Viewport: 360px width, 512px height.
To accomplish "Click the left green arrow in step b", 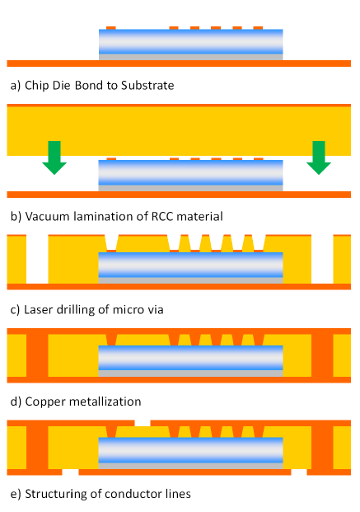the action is (x=54, y=157).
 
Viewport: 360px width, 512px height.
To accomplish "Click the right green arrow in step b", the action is (x=319, y=157).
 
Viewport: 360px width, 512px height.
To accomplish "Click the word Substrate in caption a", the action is (x=147, y=86).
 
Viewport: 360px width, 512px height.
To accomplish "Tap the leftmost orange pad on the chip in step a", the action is (x=111, y=28).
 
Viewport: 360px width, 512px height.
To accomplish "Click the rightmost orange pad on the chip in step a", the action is (x=258, y=28).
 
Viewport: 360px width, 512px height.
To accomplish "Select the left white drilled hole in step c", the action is (x=37, y=259).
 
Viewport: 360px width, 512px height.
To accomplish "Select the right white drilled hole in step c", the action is (x=322, y=259).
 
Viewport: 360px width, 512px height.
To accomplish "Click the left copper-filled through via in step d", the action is (x=37, y=355).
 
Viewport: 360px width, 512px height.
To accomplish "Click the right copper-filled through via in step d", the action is (x=322, y=355).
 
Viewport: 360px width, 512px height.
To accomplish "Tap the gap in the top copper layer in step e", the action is (x=143, y=423).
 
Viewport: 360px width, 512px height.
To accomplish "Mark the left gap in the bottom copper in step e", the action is (x=70, y=472).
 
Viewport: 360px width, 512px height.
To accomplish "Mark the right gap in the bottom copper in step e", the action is (x=299, y=472).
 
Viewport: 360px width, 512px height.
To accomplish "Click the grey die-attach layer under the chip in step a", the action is (x=191, y=57).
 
